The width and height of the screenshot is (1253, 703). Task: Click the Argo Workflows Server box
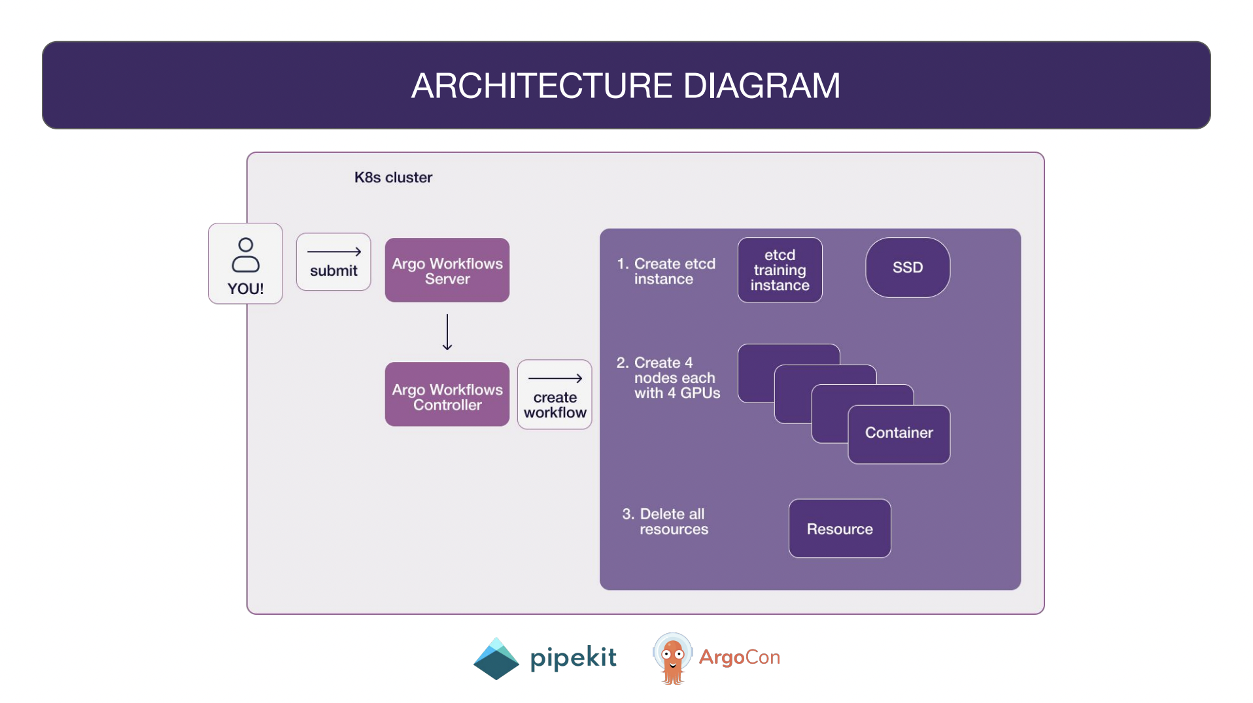[x=447, y=270]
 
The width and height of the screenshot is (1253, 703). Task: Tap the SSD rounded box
[x=907, y=267]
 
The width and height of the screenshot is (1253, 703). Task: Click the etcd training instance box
[x=780, y=270]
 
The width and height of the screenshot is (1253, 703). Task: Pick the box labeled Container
[x=899, y=434]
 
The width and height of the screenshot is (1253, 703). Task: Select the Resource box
[x=839, y=529]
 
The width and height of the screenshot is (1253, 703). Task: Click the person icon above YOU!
[x=245, y=255]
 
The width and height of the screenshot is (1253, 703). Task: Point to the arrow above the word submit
[x=334, y=252]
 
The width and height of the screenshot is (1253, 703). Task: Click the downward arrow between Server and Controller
[x=447, y=332]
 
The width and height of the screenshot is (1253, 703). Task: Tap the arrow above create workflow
[x=555, y=378]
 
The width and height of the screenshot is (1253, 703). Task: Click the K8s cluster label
[x=393, y=178]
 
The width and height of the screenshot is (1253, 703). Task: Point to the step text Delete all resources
[x=665, y=521]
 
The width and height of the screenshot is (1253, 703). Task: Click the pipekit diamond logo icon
[x=496, y=659]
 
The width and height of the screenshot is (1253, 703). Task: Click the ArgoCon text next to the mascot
[x=739, y=657]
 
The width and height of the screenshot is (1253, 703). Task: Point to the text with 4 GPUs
[x=677, y=393]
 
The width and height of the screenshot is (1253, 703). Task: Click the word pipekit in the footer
[x=573, y=657]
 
